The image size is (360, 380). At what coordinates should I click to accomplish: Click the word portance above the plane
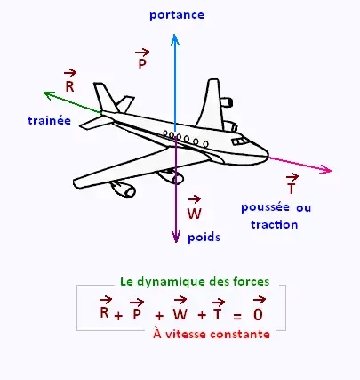[177, 15]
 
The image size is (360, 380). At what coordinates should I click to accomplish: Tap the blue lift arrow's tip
[175, 34]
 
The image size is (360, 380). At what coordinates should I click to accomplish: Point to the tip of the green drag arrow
[44, 93]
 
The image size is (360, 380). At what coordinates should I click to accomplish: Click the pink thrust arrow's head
[331, 170]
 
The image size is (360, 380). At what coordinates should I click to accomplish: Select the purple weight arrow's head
[176, 242]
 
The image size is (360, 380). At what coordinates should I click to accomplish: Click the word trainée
[49, 120]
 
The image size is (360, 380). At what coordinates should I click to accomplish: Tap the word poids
[204, 238]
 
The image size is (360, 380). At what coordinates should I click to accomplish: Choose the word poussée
[265, 207]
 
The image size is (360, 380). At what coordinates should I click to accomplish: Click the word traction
[275, 224]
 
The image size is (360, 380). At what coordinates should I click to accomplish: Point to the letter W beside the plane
[195, 214]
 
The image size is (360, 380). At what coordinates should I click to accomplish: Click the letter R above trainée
[69, 86]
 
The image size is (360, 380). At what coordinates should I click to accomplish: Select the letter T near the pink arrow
[292, 189]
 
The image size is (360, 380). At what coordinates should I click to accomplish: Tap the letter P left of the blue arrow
[142, 64]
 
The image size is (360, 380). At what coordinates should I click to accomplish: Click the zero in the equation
[258, 314]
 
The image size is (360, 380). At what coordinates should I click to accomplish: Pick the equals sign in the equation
[237, 317]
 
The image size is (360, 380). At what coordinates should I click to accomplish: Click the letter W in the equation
[180, 314]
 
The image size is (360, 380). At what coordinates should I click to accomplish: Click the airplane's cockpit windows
[240, 141]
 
